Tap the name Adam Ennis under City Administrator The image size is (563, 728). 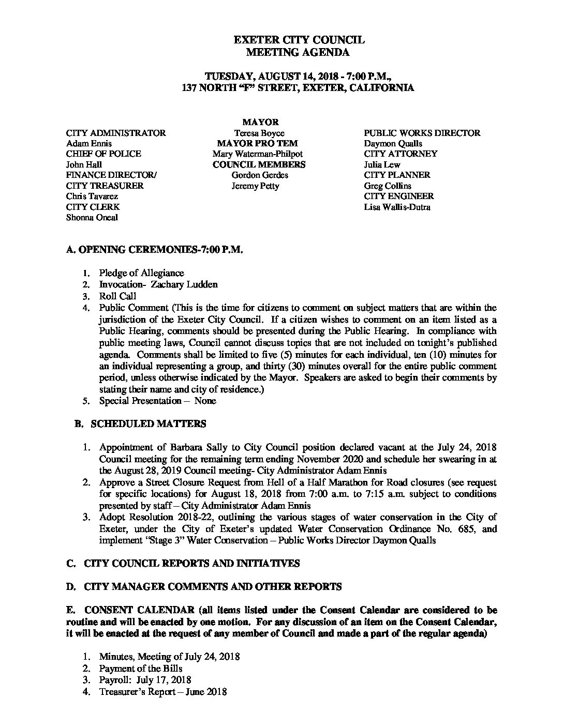(x=89, y=143)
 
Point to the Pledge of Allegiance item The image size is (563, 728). (x=141, y=273)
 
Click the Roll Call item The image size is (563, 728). (x=117, y=296)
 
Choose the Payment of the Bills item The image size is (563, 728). (x=141, y=669)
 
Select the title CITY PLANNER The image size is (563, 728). (x=397, y=175)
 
